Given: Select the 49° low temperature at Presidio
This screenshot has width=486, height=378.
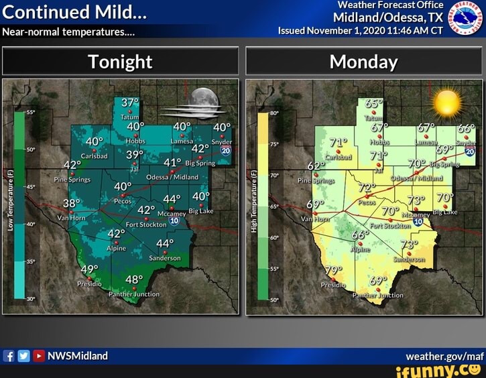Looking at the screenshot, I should click(89, 269).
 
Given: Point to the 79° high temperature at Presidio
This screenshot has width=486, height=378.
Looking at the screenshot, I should click(333, 269).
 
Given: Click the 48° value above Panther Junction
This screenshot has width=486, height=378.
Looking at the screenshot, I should click(134, 280).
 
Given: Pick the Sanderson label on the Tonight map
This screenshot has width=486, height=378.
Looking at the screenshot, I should click(164, 258).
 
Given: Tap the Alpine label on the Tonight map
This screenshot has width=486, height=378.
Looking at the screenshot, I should click(116, 248).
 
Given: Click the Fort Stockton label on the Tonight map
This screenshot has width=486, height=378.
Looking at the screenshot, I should click(141, 225).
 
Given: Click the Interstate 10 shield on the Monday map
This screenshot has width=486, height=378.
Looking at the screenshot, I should click(418, 220).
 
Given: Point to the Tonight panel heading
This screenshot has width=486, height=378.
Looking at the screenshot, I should click(121, 62).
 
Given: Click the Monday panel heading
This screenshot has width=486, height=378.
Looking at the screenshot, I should click(364, 62).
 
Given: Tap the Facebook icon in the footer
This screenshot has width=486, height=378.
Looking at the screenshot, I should click(9, 356).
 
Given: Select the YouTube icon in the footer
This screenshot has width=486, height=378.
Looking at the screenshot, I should click(39, 356).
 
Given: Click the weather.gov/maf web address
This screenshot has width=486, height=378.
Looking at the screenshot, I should click(444, 356).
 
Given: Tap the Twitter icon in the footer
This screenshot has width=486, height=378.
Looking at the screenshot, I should click(24, 356).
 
